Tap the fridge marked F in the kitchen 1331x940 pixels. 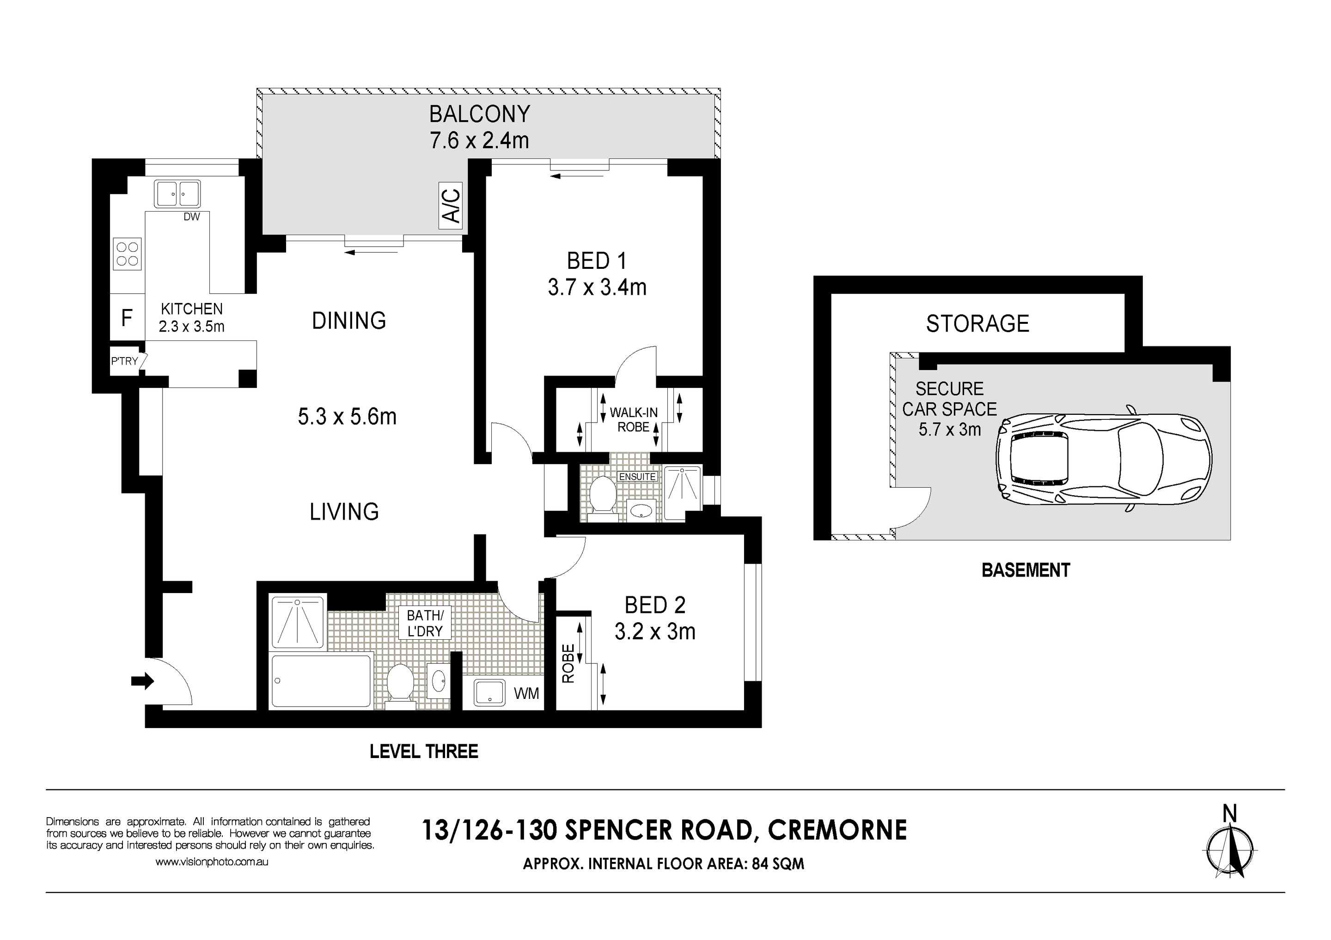pos(127,318)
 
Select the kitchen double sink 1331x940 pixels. pos(177,194)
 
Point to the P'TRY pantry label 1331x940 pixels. pos(125,361)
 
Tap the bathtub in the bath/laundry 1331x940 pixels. pos(321,680)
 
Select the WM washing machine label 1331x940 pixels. pos(526,693)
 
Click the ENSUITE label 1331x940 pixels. pos(637,476)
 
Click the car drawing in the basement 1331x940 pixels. pos(1104,458)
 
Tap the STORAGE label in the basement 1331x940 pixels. pos(977,323)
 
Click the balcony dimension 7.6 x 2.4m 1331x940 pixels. pos(479,141)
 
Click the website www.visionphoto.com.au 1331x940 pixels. pos(212,862)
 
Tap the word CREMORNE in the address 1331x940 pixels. pos(837,830)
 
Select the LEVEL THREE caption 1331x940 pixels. pos(424,752)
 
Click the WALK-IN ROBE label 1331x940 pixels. pos(634,419)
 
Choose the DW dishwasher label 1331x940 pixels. pos(191,217)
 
